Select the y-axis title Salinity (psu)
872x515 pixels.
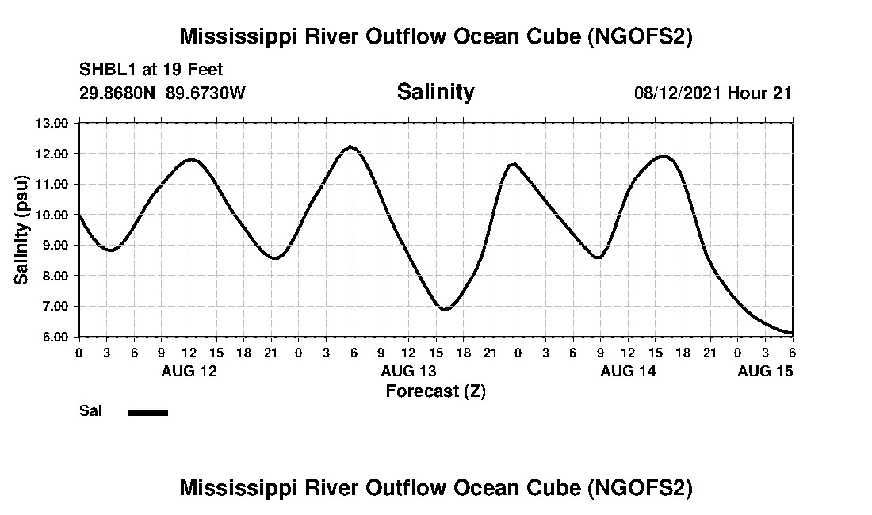click(22, 230)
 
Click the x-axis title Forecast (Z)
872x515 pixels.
click(435, 391)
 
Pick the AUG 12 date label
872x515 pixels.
click(189, 371)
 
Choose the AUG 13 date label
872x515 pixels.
click(408, 371)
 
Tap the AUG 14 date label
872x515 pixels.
click(628, 371)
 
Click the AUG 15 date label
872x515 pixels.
click(765, 371)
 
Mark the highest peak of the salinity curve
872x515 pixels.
click(350, 147)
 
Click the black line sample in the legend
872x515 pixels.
click(147, 412)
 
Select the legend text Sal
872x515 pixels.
click(90, 411)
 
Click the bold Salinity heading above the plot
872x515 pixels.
click(435, 92)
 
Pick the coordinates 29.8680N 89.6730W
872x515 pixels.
click(163, 93)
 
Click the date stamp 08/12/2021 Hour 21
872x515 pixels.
click(713, 93)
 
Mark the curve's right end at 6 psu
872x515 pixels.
click(792, 333)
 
